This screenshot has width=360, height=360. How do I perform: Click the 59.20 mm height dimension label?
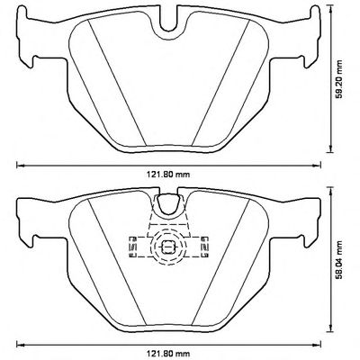(339, 79)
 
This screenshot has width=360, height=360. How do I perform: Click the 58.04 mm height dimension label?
(339, 258)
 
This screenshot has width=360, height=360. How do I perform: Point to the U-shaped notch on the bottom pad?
(168, 204)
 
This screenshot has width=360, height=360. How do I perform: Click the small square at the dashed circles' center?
(168, 247)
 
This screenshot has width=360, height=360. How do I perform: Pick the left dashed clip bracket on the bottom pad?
(133, 247)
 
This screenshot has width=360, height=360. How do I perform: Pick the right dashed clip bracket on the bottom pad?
(205, 247)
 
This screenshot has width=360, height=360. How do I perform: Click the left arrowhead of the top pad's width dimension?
(20, 165)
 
